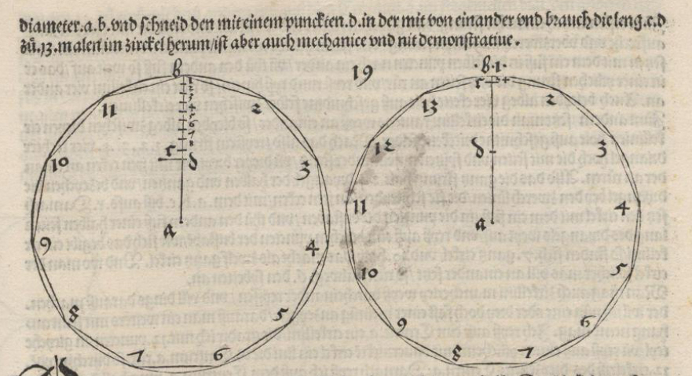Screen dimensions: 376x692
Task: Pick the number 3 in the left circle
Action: (306, 166)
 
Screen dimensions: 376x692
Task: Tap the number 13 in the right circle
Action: (429, 107)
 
